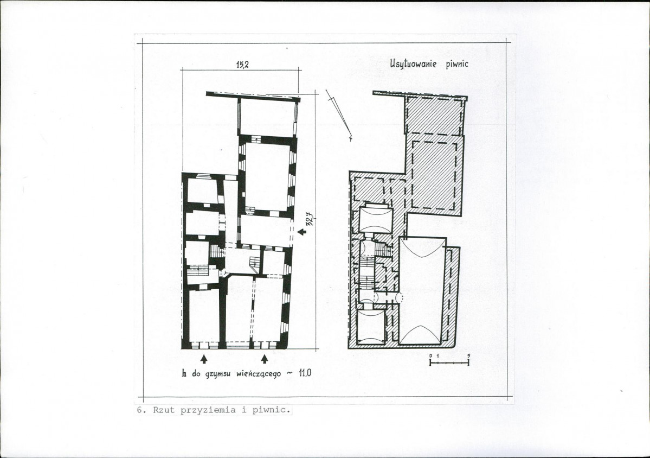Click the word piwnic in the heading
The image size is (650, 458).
457,64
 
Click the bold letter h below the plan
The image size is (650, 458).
184,373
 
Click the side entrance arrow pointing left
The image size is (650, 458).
302,232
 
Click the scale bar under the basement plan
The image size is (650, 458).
449,362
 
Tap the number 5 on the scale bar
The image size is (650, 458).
468,355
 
